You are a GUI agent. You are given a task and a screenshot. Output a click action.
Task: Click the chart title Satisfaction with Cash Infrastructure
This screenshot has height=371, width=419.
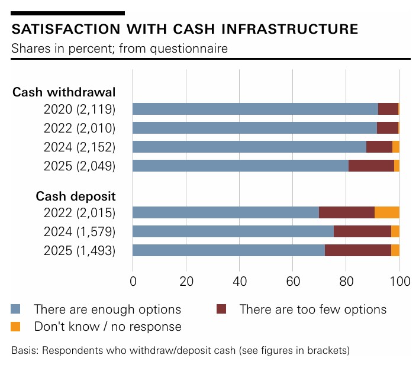tap(185, 29)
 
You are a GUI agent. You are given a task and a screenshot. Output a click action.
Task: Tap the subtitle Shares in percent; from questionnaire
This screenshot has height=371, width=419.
tap(120, 48)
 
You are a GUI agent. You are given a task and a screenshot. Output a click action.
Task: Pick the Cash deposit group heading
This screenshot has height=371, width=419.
tap(76, 196)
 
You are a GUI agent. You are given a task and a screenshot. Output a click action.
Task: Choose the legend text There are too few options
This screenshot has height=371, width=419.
tap(312, 309)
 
